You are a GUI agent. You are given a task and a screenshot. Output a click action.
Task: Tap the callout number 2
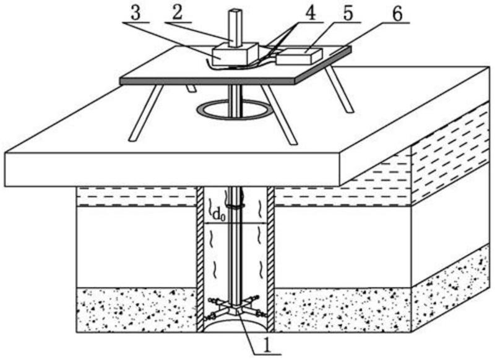(x=178, y=14)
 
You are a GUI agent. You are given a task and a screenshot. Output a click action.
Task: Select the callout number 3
(x=136, y=14)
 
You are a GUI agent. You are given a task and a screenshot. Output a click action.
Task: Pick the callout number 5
(x=348, y=14)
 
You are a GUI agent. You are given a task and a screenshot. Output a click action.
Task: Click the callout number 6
(x=397, y=14)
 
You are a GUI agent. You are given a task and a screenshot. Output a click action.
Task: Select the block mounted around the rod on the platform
(x=236, y=55)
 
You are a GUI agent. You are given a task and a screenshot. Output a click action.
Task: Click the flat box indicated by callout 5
(x=299, y=56)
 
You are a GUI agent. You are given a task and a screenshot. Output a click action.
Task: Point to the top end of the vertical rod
(x=236, y=11)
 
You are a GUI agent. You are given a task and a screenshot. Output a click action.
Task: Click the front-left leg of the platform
(x=146, y=113)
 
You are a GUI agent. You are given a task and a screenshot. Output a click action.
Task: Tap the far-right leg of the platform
(x=340, y=89)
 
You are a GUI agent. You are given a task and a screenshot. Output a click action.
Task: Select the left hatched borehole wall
(x=200, y=259)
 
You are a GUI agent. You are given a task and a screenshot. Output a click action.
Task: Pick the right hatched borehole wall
(x=271, y=259)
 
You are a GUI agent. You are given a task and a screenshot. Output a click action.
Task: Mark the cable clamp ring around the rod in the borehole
(x=236, y=207)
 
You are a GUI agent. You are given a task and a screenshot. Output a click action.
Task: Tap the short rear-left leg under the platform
(x=191, y=88)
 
